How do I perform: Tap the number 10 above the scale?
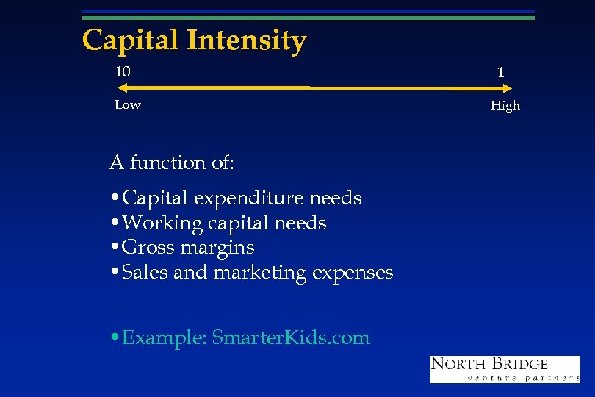pyautogui.click(x=123, y=71)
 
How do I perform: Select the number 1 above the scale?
pyautogui.click(x=500, y=73)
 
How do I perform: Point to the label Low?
pyautogui.click(x=127, y=104)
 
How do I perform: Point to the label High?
pyautogui.click(x=505, y=106)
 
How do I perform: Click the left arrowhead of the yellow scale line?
pyautogui.click(x=122, y=87)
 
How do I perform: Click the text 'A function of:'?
pyautogui.click(x=171, y=162)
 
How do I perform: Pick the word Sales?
pyautogui.click(x=145, y=273)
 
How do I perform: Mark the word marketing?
pyautogui.click(x=260, y=273)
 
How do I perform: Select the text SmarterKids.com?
pyautogui.click(x=291, y=337)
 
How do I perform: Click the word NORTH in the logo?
pyautogui.click(x=458, y=364)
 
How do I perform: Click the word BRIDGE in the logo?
pyautogui.click(x=520, y=364)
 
